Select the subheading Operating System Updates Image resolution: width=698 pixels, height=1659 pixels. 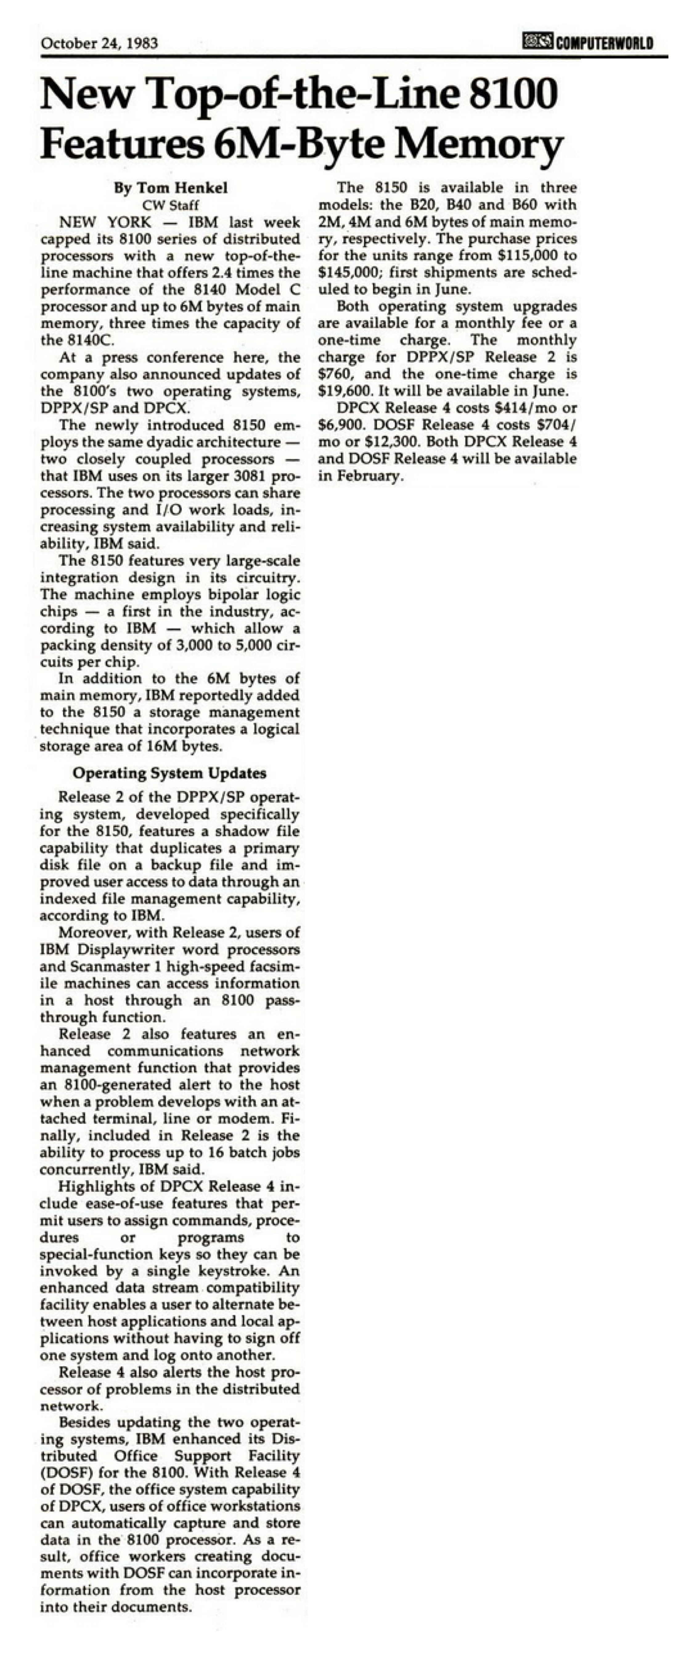click(x=169, y=773)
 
